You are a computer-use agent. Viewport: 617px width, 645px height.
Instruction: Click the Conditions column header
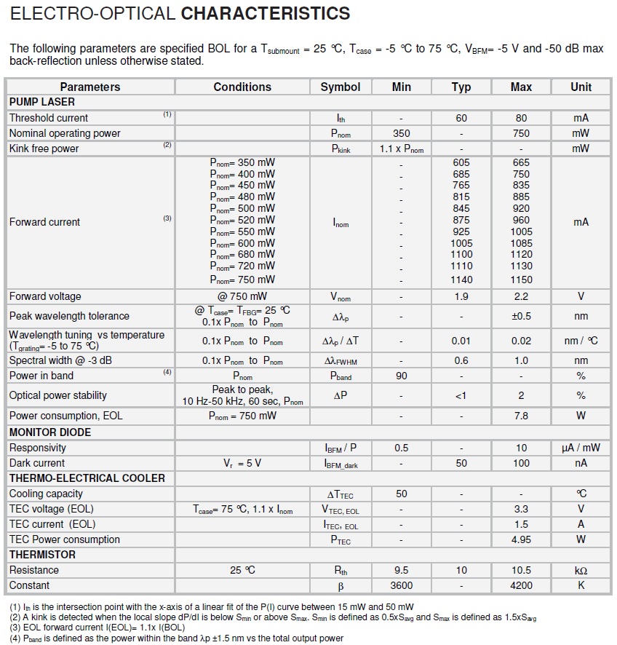[x=242, y=87]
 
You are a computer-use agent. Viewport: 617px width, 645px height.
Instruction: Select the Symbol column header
[x=340, y=87]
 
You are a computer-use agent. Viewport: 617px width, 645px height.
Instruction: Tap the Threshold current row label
[x=49, y=118]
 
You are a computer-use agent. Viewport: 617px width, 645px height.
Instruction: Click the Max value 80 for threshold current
[x=521, y=118]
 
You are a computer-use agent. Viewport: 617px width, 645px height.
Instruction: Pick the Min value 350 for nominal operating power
[x=401, y=133]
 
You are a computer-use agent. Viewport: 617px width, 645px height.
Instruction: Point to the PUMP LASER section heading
[x=42, y=102]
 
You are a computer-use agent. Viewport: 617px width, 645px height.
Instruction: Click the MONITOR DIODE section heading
[x=50, y=432]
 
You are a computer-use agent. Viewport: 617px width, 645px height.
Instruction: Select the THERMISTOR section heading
[x=42, y=555]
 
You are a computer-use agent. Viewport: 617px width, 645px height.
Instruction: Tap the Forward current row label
[x=44, y=222]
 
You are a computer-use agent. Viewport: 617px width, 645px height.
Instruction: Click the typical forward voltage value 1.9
[x=461, y=296]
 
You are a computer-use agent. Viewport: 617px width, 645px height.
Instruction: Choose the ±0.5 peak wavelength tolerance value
[x=521, y=316]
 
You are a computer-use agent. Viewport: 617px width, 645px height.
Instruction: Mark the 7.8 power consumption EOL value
[x=521, y=416]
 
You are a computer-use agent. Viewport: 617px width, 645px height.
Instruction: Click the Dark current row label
[x=37, y=463]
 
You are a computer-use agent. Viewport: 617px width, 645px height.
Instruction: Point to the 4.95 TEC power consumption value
[x=521, y=539]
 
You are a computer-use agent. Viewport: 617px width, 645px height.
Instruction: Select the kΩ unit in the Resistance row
[x=581, y=570]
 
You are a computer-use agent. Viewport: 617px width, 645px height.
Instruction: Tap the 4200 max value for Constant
[x=521, y=585]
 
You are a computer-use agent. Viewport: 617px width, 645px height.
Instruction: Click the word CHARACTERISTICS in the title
[x=265, y=14]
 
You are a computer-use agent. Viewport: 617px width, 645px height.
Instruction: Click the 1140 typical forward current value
[x=461, y=280]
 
